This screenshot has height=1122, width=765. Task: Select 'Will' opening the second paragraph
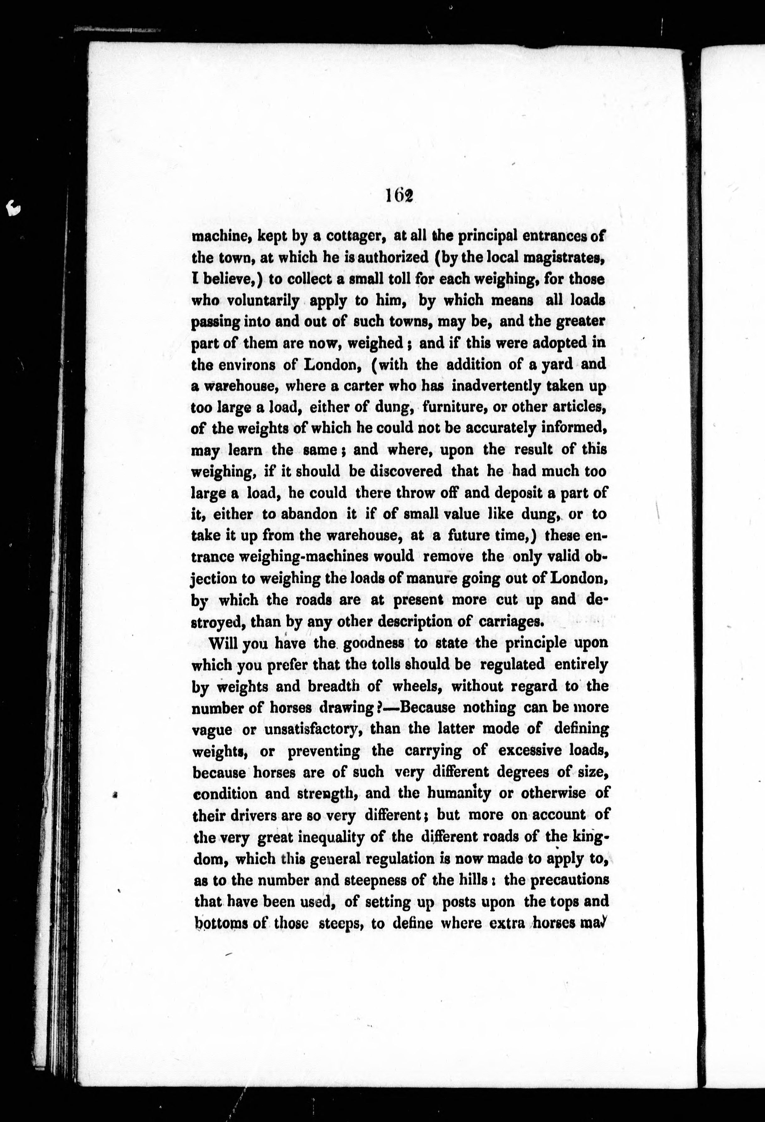(223, 644)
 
